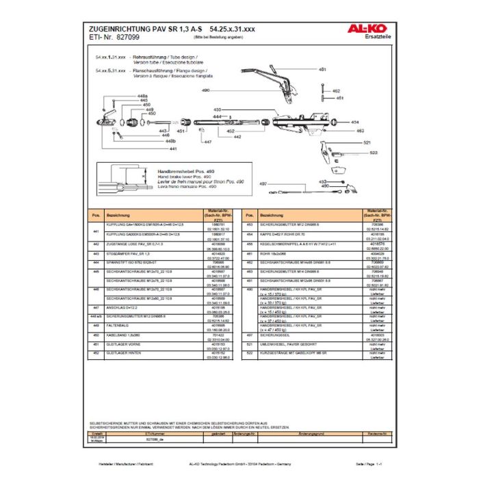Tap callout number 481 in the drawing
[322, 70]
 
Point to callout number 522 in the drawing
[374, 153]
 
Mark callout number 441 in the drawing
[173, 148]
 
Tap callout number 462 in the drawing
[335, 90]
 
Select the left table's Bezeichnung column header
[113, 215]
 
